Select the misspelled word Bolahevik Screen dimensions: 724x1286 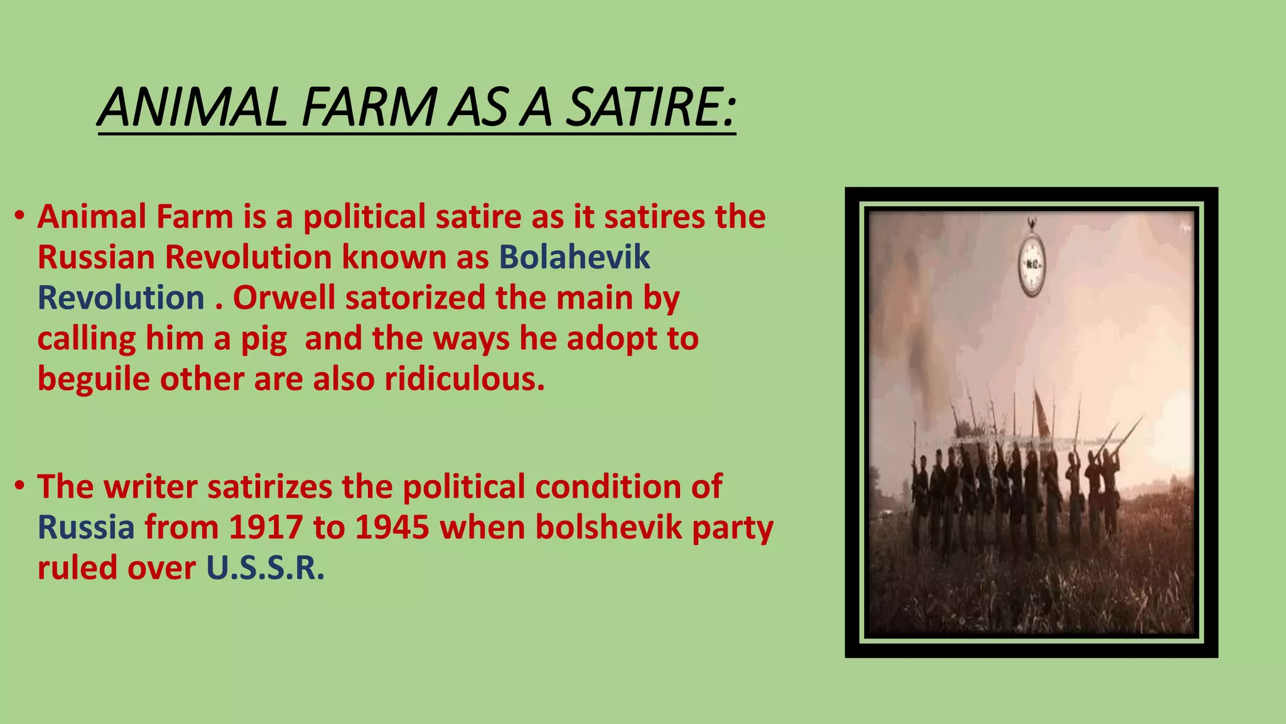575,257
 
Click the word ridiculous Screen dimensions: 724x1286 465,379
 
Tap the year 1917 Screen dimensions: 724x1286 266,527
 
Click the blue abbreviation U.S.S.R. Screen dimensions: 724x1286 266,568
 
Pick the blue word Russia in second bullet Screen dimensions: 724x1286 86,527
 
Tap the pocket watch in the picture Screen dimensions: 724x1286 1032,264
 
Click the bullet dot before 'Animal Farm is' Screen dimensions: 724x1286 20,216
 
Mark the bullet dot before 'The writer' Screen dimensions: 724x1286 20,486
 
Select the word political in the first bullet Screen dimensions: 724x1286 364,217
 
